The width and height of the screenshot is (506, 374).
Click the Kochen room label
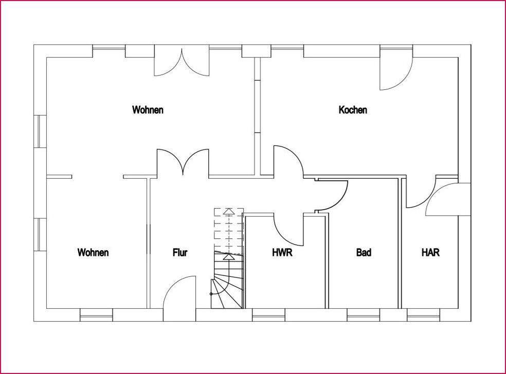[x=353, y=110]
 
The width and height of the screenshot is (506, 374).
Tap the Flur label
[x=180, y=253]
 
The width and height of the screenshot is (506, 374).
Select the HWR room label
[x=282, y=253]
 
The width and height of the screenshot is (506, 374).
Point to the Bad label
[x=364, y=253]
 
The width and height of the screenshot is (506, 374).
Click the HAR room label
[x=430, y=253]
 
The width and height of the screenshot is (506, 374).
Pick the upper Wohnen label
[x=148, y=110]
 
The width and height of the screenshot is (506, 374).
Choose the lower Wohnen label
[x=93, y=253]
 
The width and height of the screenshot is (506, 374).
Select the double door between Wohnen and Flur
[x=183, y=163]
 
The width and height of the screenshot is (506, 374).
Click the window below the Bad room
[x=363, y=314]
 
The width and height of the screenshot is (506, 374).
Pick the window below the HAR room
[x=423, y=314]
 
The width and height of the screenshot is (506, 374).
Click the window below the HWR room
[x=268, y=314]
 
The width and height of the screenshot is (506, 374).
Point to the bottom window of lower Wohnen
[x=96, y=314]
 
